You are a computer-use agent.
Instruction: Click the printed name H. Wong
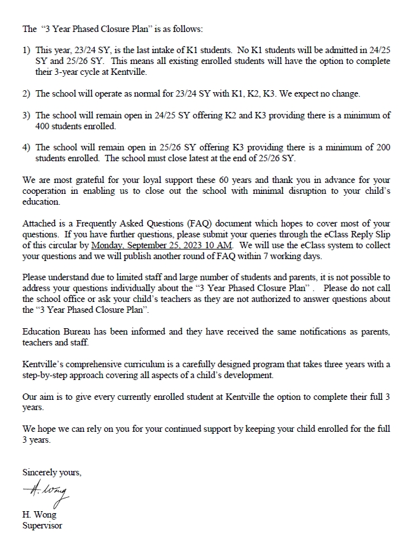click(x=39, y=515)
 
